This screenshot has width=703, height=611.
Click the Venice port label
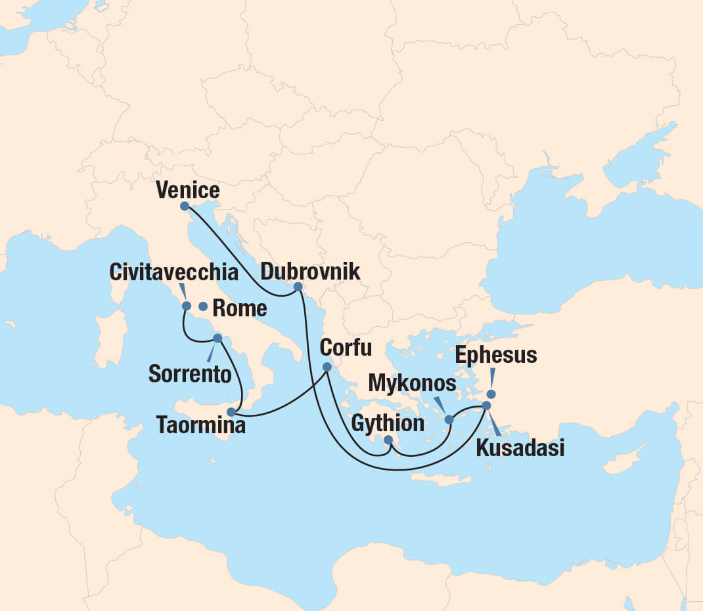pyautogui.click(x=188, y=191)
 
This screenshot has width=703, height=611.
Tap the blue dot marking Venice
pyautogui.click(x=185, y=206)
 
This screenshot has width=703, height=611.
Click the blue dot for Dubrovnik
pyautogui.click(x=298, y=287)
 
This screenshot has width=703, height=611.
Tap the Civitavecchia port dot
pyautogui.click(x=187, y=306)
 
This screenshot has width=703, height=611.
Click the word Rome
pyautogui.click(x=241, y=308)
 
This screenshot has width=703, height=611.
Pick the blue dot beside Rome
pyautogui.click(x=203, y=306)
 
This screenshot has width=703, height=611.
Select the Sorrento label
pyautogui.click(x=190, y=374)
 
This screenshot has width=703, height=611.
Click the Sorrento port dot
pyautogui.click(x=217, y=339)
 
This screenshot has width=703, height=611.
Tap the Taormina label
pyautogui.click(x=201, y=425)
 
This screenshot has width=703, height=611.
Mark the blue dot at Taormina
pyautogui.click(x=231, y=412)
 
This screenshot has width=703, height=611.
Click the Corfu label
pyautogui.click(x=346, y=347)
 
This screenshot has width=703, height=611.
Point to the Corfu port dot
pyautogui.click(x=327, y=367)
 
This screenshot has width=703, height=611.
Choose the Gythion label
pyautogui.click(x=388, y=423)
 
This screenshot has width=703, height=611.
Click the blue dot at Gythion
pyautogui.click(x=388, y=440)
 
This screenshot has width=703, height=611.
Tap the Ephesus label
pyautogui.click(x=496, y=355)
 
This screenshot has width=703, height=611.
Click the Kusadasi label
pyautogui.click(x=519, y=449)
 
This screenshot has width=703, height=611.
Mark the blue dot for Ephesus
pyautogui.click(x=491, y=394)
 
